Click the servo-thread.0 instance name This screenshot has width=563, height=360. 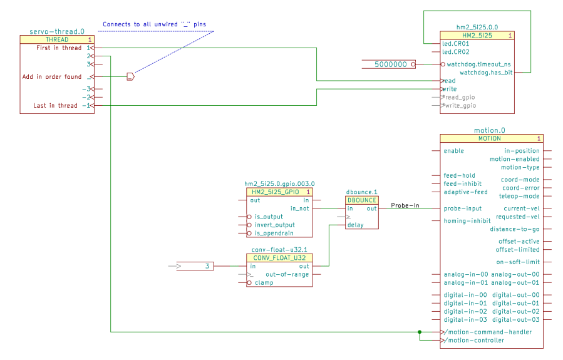pos(57,31)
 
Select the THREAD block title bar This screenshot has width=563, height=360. pos(57,39)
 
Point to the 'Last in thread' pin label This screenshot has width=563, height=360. pos(56,106)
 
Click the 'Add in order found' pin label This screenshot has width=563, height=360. pos(52,77)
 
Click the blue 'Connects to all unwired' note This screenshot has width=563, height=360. pos(154,24)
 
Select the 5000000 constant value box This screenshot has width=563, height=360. pos(390,64)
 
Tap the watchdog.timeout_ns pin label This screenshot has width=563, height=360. pos(479,64)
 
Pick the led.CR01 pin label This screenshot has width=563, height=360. pos(456,44)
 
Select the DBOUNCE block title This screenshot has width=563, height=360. pos(361,200)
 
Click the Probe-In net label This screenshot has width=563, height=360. pos(405,205)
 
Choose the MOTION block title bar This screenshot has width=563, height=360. pos(491,138)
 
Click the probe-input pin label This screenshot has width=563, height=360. pos(462,208)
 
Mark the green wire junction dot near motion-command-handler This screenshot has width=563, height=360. pos(420,332)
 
